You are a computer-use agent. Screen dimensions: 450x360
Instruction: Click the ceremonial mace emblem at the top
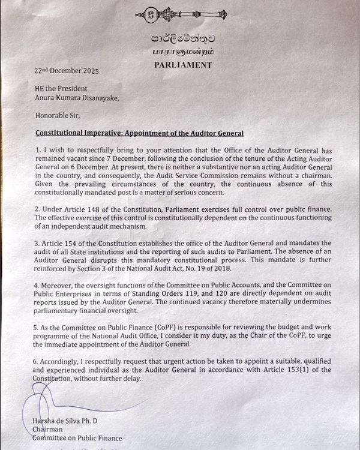[181, 14]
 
